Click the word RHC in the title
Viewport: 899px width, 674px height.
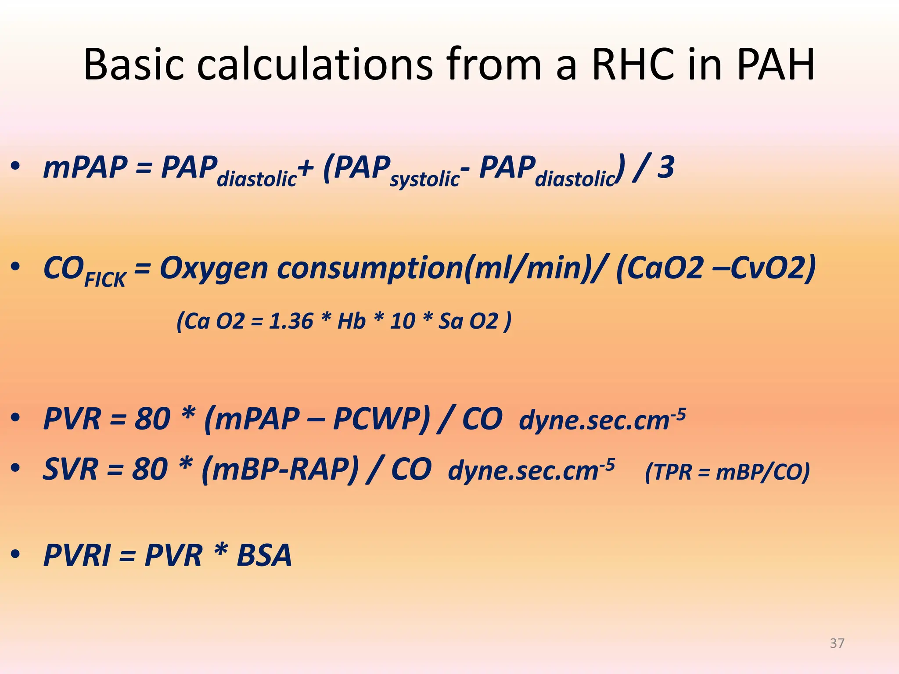(632, 65)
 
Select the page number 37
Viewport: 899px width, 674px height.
(837, 643)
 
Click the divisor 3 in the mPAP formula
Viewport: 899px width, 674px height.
(665, 168)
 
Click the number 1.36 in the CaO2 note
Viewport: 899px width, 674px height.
(291, 321)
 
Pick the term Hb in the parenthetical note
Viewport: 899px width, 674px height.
(351, 321)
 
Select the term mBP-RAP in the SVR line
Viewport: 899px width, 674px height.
(280, 469)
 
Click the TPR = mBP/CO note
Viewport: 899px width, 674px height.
(727, 473)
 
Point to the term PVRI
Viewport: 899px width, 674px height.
(77, 556)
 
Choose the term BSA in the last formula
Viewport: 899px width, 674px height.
(264, 556)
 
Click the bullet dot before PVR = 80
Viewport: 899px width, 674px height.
(16, 419)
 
